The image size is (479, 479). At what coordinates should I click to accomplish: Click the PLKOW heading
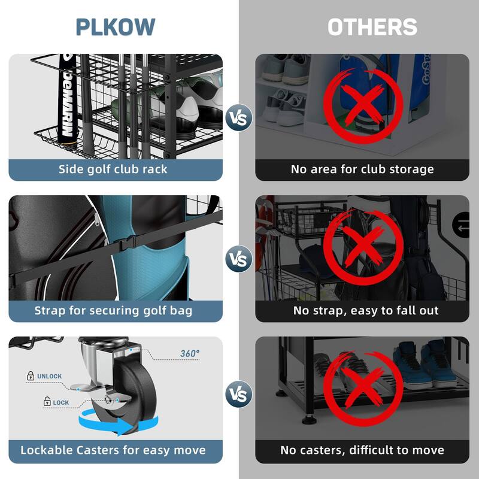pyautogui.click(x=116, y=27)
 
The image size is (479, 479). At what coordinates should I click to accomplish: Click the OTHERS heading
pyautogui.click(x=372, y=27)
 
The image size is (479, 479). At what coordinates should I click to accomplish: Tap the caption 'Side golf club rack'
pyautogui.click(x=113, y=169)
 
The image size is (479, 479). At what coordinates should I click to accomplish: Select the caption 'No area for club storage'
pyautogui.click(x=362, y=169)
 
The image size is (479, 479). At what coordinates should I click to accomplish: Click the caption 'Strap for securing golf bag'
pyautogui.click(x=113, y=310)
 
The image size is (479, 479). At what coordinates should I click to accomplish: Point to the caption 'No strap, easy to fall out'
pyautogui.click(x=366, y=310)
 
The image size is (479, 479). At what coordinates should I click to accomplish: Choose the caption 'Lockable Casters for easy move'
pyautogui.click(x=113, y=450)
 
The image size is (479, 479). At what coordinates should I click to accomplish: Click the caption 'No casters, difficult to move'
pyautogui.click(x=362, y=450)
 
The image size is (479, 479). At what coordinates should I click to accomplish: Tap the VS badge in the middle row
pyautogui.click(x=239, y=259)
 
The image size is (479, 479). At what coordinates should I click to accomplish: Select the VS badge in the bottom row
pyautogui.click(x=239, y=395)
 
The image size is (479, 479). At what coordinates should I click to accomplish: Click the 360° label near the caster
pyautogui.click(x=190, y=354)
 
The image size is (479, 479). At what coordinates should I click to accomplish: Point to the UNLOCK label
pyautogui.click(x=49, y=377)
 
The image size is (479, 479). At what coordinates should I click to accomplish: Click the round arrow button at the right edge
pyautogui.click(x=462, y=226)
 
